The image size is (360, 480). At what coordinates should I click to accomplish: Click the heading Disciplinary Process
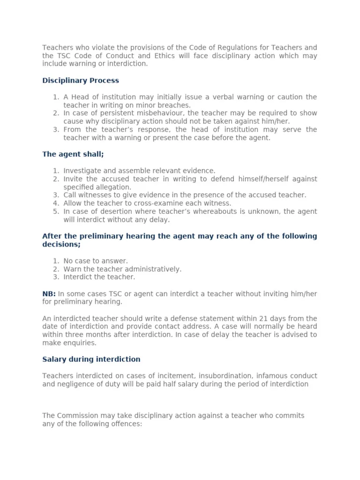click(81, 81)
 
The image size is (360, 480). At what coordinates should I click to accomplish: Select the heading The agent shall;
click(73, 154)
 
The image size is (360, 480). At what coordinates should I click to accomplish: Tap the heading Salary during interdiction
click(91, 359)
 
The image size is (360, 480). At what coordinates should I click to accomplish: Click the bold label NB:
click(49, 293)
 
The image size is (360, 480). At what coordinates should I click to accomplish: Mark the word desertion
click(110, 211)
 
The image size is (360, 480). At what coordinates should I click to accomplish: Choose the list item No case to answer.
click(96, 261)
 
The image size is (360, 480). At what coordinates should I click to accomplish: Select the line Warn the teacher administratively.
click(122, 269)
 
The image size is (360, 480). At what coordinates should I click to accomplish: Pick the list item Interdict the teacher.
click(99, 277)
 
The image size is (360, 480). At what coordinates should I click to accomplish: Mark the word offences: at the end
click(126, 424)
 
